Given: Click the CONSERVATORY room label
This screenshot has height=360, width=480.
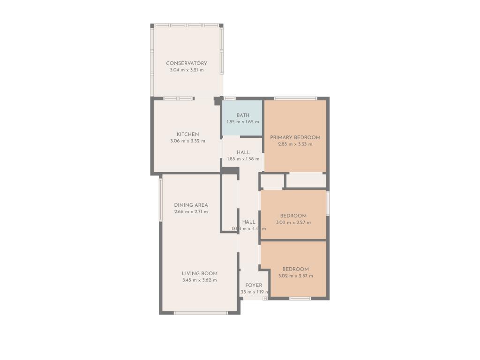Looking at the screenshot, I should (187, 63).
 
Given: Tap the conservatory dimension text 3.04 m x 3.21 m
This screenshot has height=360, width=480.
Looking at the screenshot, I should (187, 70).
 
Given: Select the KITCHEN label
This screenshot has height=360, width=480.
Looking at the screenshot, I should (187, 135).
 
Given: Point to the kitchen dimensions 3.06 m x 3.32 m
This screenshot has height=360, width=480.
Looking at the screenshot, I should (187, 141).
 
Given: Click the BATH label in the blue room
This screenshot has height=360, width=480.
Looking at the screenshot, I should (243, 115).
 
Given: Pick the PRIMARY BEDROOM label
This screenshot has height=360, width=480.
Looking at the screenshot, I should (295, 138).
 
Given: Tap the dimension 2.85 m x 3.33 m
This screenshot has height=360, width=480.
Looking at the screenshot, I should (295, 144).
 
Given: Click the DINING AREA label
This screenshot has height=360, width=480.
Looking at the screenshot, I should (191, 205).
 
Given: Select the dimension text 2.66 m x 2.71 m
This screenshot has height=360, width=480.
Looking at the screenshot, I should (191, 212).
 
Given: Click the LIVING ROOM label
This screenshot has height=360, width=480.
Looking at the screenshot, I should (200, 274).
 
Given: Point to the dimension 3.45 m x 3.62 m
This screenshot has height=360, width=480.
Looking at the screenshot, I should (200, 280).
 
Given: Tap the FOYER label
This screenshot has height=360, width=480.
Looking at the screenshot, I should (254, 285).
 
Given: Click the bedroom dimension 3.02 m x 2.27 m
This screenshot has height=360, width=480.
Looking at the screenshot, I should (293, 223).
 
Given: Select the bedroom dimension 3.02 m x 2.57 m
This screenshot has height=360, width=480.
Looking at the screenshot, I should (295, 276).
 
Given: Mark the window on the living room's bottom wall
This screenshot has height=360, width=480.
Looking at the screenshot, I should (201, 313).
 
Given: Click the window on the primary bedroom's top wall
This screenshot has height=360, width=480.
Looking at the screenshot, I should (295, 98).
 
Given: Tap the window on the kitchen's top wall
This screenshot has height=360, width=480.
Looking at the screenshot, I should (179, 98).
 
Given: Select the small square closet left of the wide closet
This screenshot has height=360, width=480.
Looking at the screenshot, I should (272, 181).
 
